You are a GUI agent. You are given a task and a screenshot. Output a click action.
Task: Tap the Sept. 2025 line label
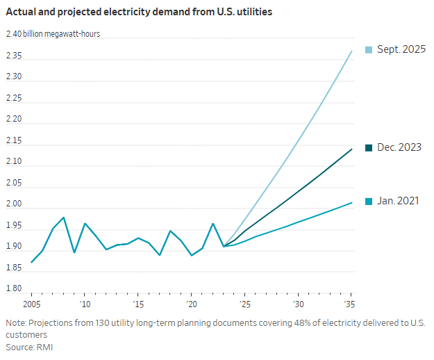(x=401, y=50)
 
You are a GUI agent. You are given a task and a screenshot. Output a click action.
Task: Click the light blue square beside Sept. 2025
(x=369, y=50)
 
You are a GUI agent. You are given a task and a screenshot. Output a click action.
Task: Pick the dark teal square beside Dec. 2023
(x=369, y=147)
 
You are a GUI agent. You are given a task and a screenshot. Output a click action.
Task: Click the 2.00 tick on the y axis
(x=15, y=205)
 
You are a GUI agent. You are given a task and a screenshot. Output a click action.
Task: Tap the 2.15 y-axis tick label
(x=15, y=141)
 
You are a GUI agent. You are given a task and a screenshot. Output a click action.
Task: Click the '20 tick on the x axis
(x=192, y=305)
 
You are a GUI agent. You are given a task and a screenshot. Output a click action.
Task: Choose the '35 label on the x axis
(x=351, y=305)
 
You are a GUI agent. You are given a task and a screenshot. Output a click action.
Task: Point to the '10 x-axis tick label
(x=85, y=305)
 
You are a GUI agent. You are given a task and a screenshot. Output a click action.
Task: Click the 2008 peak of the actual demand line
(x=64, y=218)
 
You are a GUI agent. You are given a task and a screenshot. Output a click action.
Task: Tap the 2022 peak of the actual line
(x=213, y=224)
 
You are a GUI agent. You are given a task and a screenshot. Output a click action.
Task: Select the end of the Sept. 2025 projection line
(x=352, y=51)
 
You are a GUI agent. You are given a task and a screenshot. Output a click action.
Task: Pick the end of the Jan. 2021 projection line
(x=352, y=202)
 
